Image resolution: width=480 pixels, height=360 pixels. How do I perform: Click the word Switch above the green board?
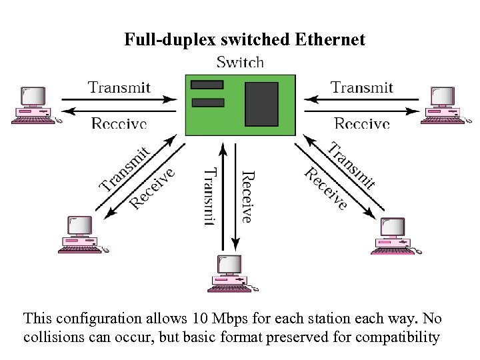241,63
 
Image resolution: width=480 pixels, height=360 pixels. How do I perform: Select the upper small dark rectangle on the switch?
207,85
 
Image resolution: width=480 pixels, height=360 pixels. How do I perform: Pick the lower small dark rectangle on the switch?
207,102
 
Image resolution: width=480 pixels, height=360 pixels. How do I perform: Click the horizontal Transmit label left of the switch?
119,87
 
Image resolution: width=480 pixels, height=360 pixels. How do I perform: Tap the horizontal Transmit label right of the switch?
362,87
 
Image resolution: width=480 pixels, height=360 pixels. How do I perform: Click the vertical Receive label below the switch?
247,197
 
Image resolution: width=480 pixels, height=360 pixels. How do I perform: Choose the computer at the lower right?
394,235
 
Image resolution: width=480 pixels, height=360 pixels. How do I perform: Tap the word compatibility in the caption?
397,337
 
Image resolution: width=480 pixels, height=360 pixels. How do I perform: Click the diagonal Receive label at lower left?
152,188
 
